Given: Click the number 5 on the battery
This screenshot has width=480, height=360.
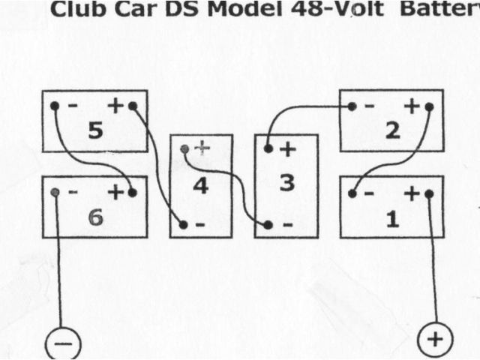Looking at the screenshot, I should pos(94,131).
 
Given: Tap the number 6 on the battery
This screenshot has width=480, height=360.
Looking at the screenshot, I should pos(94,217).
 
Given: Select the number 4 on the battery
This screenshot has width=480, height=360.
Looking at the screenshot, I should pos(200,185).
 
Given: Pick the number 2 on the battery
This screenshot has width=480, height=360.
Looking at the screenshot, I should pos(391,131).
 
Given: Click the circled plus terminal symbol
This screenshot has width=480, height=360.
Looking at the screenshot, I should pos(434,341).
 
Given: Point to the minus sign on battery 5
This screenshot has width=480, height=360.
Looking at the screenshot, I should pos(72,106).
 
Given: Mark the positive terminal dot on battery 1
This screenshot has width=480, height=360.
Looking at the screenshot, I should pos(429,193).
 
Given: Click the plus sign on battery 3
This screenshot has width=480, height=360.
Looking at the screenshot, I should pos(286,149).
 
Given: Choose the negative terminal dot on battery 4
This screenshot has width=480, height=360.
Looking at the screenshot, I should pos(184,224).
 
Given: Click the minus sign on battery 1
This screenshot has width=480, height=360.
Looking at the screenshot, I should pos(368,193).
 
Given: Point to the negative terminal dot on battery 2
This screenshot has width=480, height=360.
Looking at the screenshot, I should pos(351,106).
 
